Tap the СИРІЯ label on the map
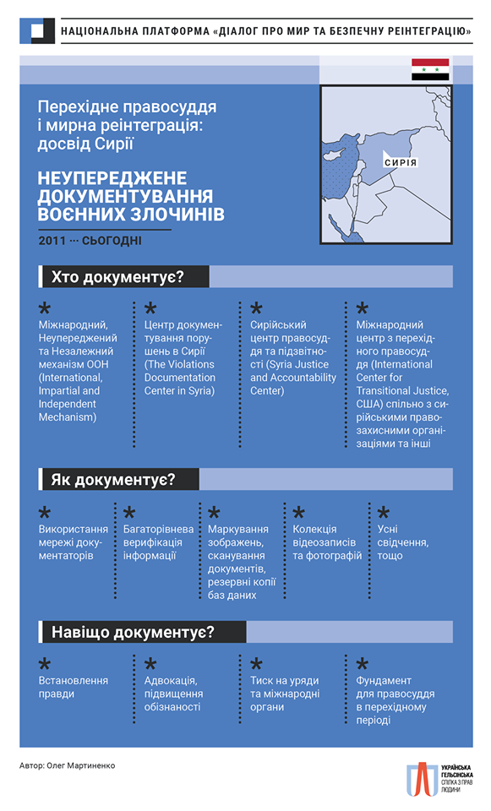pyautogui.click(x=400, y=161)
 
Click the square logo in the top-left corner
pyautogui.click(x=36, y=31)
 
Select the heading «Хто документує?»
pyautogui.click(x=118, y=277)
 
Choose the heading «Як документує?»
pyautogui.click(x=113, y=480)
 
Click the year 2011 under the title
pyautogui.click(x=52, y=241)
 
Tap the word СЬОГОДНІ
pyautogui.click(x=112, y=241)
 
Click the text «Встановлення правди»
pyautogui.click(x=74, y=687)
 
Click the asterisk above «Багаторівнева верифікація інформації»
pyautogui.click(x=129, y=514)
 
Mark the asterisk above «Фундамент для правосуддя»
pyautogui.click(x=362, y=665)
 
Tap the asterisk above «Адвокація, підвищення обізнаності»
pyautogui.click(x=150, y=665)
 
